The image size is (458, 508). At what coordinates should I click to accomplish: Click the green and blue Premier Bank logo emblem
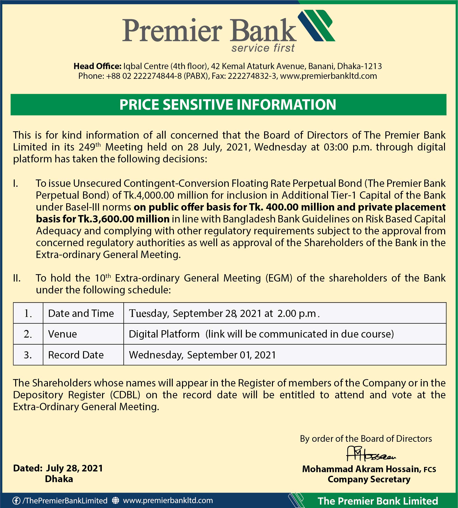tap(316, 25)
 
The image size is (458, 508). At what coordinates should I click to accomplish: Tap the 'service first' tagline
tap(263, 48)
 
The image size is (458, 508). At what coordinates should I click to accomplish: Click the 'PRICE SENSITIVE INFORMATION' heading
tap(228, 104)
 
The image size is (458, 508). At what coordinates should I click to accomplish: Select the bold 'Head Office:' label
tap(97, 66)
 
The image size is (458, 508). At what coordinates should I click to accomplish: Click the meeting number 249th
tap(89, 147)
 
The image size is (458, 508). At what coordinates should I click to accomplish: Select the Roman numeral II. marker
tap(17, 278)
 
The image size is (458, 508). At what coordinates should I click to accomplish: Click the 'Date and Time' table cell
tap(81, 313)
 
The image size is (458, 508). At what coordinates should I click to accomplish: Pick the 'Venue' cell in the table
tap(62, 334)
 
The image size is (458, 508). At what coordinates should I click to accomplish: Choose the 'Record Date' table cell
tap(76, 355)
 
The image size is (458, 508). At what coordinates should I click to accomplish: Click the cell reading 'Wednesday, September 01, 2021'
tap(202, 355)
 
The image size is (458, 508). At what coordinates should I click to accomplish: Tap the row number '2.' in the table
tap(28, 334)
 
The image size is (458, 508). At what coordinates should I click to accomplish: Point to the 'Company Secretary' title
tap(369, 479)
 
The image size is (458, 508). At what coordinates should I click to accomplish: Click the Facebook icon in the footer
tap(16, 500)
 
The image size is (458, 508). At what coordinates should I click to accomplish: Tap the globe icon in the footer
tap(116, 500)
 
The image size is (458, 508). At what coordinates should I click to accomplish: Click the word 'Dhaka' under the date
tap(59, 479)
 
